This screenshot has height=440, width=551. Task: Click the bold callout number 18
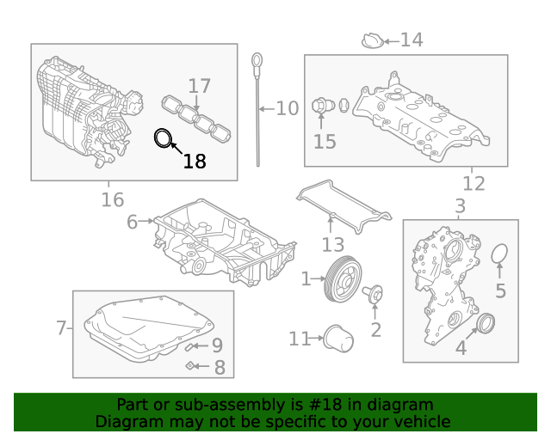click(195, 161)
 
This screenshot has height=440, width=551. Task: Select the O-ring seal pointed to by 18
click(163, 137)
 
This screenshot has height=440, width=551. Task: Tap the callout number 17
click(199, 86)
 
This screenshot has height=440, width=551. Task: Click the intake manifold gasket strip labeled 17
click(198, 119)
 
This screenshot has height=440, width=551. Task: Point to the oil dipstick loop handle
click(256, 60)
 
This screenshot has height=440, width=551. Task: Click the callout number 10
click(287, 109)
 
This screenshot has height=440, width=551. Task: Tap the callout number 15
click(325, 142)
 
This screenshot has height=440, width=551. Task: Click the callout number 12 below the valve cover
click(474, 183)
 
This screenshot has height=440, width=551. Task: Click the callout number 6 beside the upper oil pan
click(133, 222)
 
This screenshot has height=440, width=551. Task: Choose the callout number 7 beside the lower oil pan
click(61, 327)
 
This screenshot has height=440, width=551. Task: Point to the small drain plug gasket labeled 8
click(189, 367)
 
